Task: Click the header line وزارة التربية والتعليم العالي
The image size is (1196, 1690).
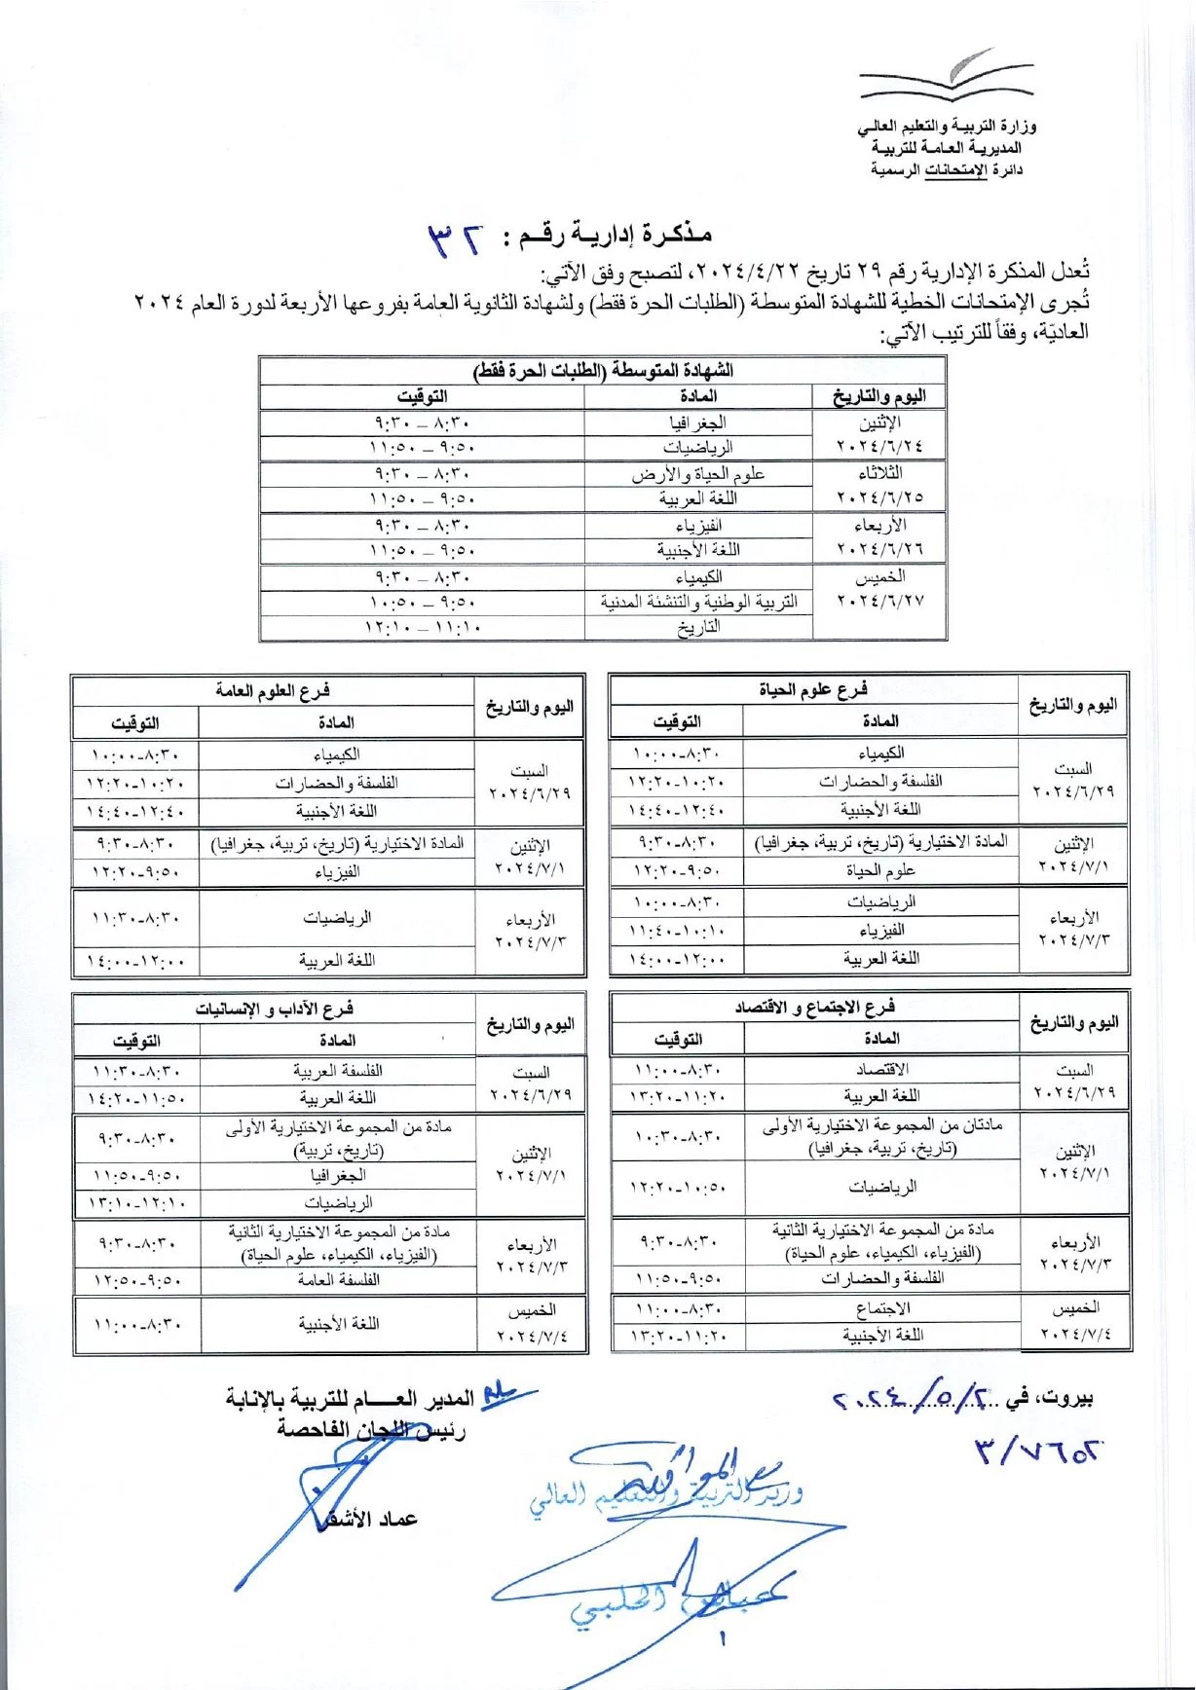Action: [x=947, y=127]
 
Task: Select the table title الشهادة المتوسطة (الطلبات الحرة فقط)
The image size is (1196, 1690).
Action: [x=603, y=371]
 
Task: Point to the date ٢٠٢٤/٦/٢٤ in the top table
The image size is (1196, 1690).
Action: [x=879, y=447]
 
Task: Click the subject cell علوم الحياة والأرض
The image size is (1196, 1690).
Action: [x=697, y=474]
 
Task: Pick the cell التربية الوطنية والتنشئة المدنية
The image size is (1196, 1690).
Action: [x=698, y=603]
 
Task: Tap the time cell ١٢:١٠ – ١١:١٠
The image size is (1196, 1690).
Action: [x=423, y=628]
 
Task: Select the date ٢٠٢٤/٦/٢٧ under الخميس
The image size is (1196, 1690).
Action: [x=879, y=601]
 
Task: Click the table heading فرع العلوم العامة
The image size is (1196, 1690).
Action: [x=273, y=691]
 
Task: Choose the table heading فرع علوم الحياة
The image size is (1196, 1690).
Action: [x=813, y=689]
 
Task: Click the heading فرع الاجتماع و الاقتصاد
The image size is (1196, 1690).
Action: [x=814, y=1007]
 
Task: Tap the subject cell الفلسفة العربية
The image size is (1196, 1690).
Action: [x=338, y=1071]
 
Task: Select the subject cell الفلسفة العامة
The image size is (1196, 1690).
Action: [x=338, y=1280]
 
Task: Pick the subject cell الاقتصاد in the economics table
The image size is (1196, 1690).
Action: [x=881, y=1069]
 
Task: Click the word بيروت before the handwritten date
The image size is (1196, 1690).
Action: [x=1065, y=1399]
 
